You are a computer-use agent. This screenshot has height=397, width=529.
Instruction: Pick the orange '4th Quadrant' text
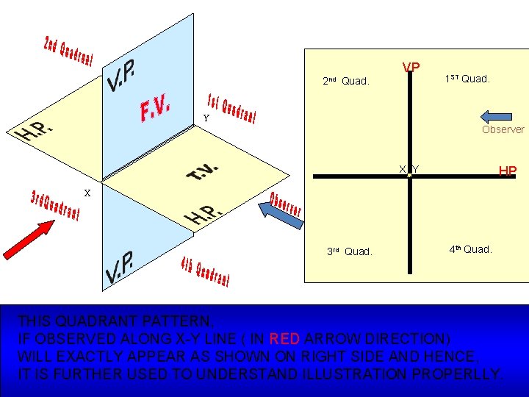click(x=206, y=273)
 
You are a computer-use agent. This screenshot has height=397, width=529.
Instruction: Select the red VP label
click(x=411, y=68)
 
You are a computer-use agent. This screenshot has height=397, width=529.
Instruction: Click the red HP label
click(x=508, y=171)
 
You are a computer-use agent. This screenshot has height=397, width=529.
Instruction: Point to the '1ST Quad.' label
click(x=467, y=79)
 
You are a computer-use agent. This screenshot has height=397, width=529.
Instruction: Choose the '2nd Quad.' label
click(x=345, y=81)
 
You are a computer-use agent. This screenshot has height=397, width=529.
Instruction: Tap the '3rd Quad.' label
click(x=349, y=251)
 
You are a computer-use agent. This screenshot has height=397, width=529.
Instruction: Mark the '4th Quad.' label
click(x=471, y=249)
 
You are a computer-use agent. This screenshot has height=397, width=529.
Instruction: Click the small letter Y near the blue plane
click(x=206, y=118)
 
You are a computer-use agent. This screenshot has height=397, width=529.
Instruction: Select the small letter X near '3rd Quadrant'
click(x=87, y=193)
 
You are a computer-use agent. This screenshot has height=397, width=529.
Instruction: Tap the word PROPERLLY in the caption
click(x=458, y=373)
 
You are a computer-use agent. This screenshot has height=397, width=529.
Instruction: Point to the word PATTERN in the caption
click(x=176, y=321)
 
